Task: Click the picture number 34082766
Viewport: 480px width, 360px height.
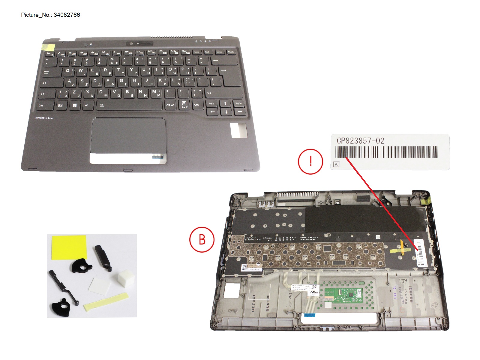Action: click(x=67, y=15)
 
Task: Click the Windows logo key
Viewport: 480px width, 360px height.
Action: click(x=74, y=105)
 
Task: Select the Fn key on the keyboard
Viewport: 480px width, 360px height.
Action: click(x=61, y=105)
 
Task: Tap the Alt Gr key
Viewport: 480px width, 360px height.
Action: click(x=170, y=105)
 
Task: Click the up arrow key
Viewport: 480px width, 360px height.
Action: click(x=225, y=103)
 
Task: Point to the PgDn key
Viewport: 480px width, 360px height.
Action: click(x=239, y=103)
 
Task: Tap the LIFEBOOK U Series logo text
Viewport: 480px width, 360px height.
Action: click(x=44, y=118)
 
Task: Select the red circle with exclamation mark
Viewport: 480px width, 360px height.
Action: click(x=310, y=161)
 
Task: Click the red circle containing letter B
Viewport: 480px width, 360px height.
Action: click(x=202, y=239)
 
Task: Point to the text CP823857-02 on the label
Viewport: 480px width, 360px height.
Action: click(x=360, y=141)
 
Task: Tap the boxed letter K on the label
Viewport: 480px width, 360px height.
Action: click(x=336, y=164)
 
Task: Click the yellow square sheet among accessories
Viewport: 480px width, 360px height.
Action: click(x=69, y=247)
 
